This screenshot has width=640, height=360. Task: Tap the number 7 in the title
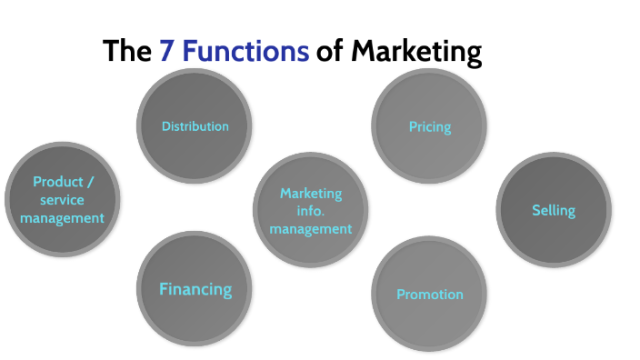point(166,51)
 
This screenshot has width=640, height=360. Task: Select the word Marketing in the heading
point(415,52)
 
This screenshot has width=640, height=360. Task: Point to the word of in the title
point(329,51)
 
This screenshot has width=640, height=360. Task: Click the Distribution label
point(195,126)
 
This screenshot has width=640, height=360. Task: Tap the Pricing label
point(430,126)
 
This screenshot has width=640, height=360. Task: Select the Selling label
point(554,211)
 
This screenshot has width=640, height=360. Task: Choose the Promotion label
point(430,295)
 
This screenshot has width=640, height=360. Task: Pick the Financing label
point(195,290)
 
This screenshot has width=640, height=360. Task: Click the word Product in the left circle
point(57,182)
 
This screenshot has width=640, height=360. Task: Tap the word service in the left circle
point(63,200)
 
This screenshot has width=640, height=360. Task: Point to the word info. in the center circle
point(311,211)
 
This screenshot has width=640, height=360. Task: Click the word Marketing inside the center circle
point(311,194)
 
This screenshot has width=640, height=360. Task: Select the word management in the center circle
point(311,229)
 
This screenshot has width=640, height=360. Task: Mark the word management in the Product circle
point(63,218)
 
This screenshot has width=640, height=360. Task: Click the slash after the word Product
point(90,182)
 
